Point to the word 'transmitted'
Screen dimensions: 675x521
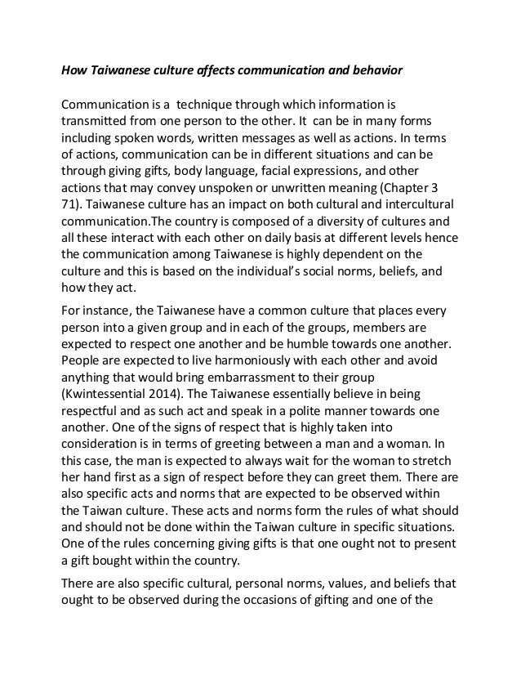pyautogui.click(x=97, y=121)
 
